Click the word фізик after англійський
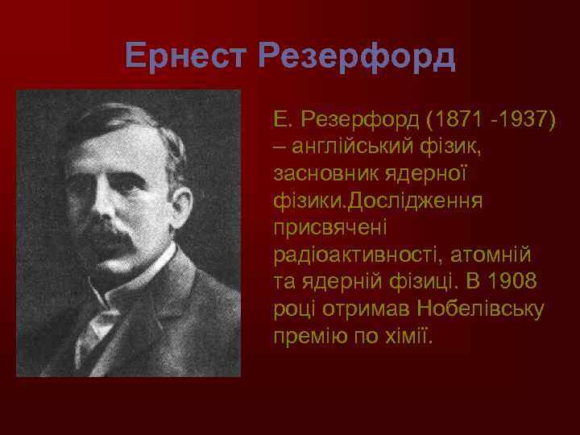tap(458, 147)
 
